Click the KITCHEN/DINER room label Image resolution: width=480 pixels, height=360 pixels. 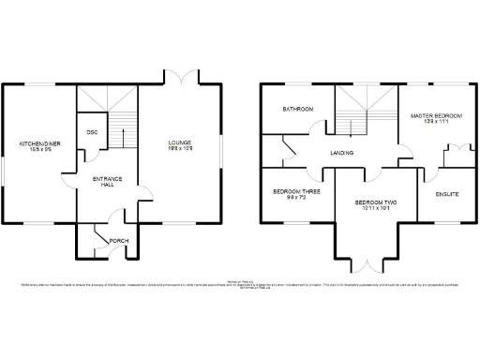(x=40, y=143)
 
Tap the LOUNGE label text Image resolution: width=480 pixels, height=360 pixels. (x=179, y=143)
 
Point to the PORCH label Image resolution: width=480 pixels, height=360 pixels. (x=119, y=241)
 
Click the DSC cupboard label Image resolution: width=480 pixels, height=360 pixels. (x=92, y=132)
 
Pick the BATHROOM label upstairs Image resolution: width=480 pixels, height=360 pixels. (x=298, y=110)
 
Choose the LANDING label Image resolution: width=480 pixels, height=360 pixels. (x=341, y=152)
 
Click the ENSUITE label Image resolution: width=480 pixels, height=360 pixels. (x=447, y=194)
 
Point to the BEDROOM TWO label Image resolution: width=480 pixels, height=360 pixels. (x=376, y=202)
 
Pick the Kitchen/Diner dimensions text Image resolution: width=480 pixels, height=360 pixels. (x=40, y=151)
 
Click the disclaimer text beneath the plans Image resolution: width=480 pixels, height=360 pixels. (x=240, y=284)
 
